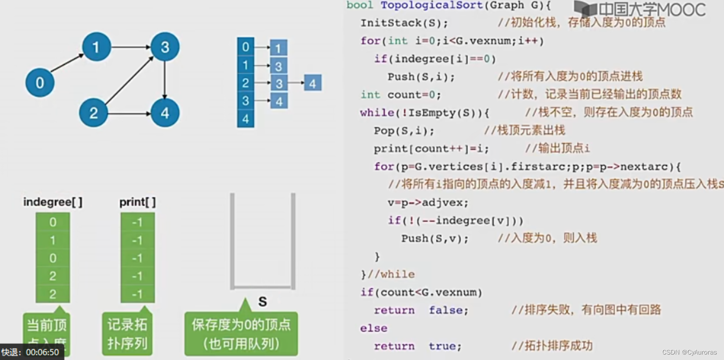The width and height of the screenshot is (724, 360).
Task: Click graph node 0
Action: pos(40,83)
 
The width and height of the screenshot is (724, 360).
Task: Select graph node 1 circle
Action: pos(96,47)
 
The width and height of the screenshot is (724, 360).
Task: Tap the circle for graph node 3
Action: pos(165,47)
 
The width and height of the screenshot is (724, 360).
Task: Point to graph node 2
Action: pos(94,113)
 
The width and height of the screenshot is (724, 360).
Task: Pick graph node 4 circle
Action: pos(165,113)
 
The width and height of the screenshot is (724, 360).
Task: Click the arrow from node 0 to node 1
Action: pos(67,63)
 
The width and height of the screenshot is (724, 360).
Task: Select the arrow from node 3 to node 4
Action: pos(165,80)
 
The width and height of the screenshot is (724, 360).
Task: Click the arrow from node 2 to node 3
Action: pos(130,80)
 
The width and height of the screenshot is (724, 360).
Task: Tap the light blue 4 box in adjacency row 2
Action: pos(313,83)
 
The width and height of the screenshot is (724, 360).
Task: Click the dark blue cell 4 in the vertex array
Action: pos(246,119)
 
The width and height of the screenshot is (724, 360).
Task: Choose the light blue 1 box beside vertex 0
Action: pos(278,48)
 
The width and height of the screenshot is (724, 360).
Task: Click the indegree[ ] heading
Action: pos(53,202)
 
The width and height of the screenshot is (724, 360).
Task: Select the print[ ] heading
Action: pos(137,202)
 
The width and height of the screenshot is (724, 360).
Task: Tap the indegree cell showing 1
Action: pos(53,240)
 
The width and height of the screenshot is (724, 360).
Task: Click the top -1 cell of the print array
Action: pos(137,222)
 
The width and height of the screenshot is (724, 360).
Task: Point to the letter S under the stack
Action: pos(262,302)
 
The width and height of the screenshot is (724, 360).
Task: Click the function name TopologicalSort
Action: pos(431,5)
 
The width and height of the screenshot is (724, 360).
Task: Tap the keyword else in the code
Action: pos(373,328)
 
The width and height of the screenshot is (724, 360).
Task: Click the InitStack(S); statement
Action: pos(404,23)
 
